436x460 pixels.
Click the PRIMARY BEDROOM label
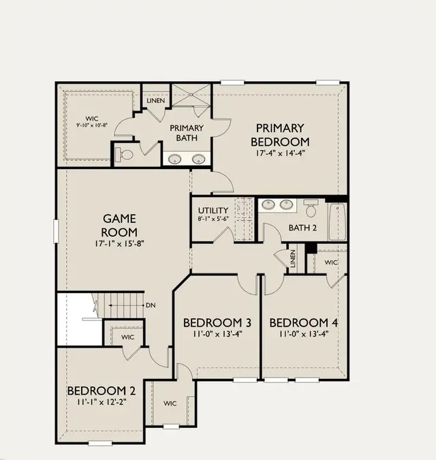[280, 135]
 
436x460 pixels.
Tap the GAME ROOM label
[119, 226]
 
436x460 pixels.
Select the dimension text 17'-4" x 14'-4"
[281, 153]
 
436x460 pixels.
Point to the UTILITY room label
[213, 211]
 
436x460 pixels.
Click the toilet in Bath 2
[311, 208]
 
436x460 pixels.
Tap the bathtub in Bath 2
[337, 221]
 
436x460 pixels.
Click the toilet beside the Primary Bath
[124, 155]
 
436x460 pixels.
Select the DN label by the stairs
[151, 305]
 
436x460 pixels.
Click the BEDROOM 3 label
[217, 323]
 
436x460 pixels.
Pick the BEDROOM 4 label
[303, 323]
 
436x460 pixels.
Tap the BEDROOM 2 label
[102, 390]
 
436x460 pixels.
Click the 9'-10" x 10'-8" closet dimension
[92, 125]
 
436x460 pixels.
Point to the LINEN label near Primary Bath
[156, 101]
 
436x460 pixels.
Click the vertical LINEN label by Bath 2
[293, 258]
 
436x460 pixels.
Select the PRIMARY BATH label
[187, 133]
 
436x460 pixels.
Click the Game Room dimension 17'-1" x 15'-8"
[119, 243]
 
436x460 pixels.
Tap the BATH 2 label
[302, 228]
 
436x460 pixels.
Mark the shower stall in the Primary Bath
[191, 95]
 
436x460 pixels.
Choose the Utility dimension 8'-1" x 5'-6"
[213, 219]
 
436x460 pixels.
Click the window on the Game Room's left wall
[56, 231]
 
